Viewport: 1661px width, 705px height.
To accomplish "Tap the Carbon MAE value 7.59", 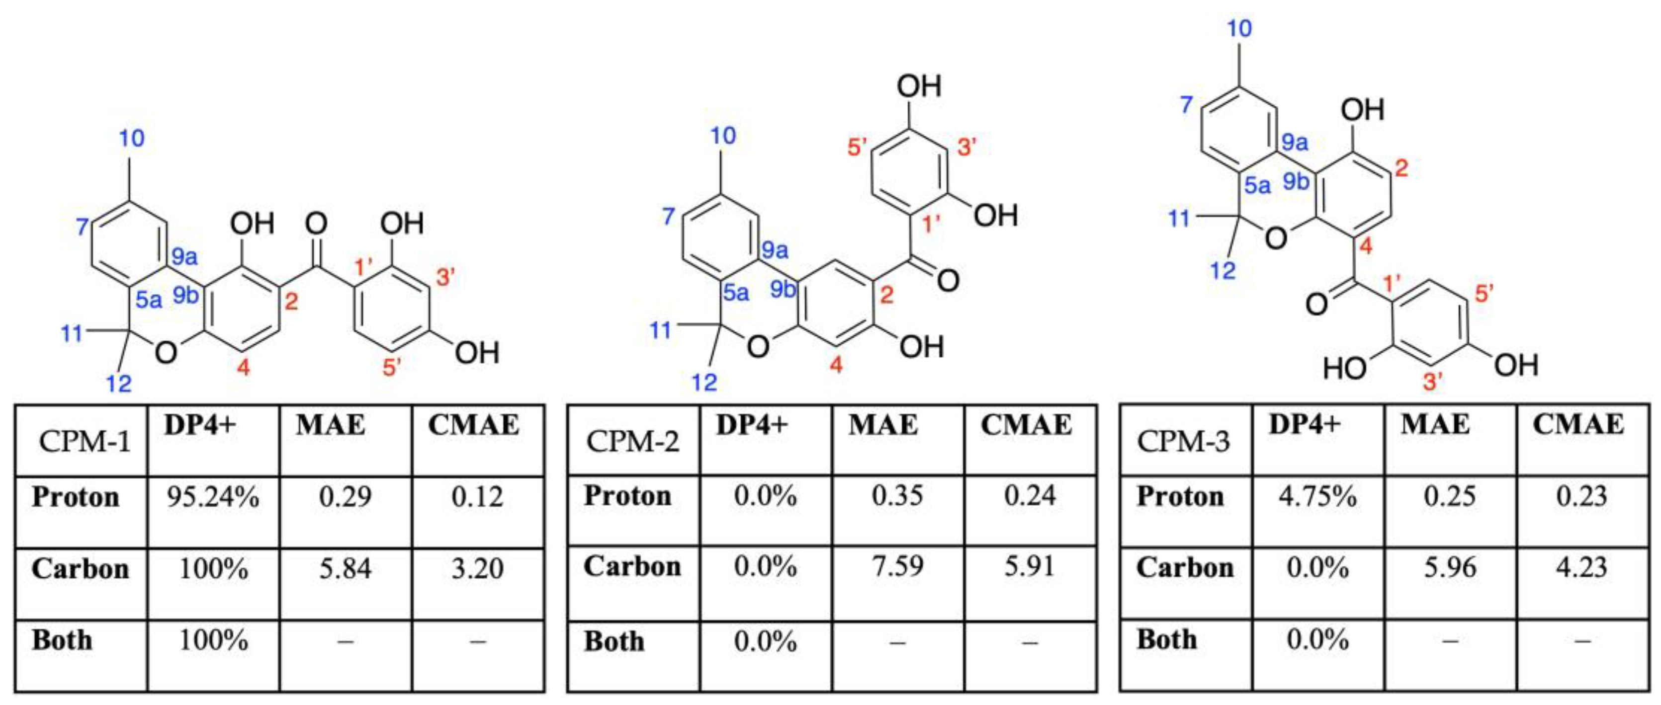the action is click(897, 566).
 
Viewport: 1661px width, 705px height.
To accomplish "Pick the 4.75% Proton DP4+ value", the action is click(1317, 497).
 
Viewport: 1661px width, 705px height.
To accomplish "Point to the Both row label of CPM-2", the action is click(614, 642).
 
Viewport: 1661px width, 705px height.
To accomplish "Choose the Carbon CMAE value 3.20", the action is click(477, 569).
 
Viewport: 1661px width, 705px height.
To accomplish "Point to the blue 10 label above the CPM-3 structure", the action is click(1238, 28).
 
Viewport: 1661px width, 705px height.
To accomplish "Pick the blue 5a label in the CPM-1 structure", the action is click(149, 299).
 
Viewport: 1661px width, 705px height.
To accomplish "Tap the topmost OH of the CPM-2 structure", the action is click(919, 86).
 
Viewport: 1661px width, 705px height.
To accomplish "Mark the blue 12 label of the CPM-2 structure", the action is click(704, 382).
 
